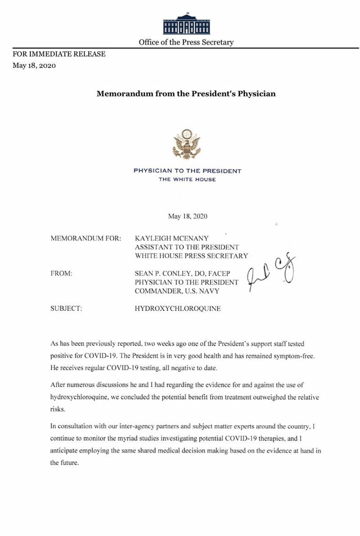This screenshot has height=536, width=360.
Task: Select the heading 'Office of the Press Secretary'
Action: click(x=186, y=42)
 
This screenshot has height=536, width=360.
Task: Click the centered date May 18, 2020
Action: click(x=188, y=216)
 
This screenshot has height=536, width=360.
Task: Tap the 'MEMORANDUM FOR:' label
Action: click(x=86, y=238)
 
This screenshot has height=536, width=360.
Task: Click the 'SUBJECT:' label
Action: click(x=67, y=309)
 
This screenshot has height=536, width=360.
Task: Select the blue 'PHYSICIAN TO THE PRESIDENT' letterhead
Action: click(x=187, y=171)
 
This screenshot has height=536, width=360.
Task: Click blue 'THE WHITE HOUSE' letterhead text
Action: click(x=187, y=179)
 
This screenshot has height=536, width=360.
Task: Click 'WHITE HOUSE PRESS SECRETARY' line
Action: click(x=191, y=256)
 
